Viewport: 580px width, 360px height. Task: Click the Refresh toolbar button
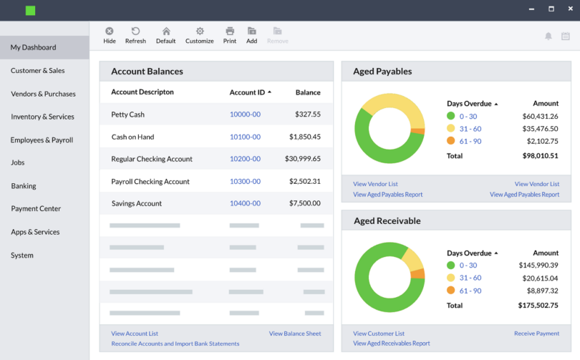[x=135, y=35]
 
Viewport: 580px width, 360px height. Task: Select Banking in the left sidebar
[x=24, y=186]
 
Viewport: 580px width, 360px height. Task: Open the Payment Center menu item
[x=36, y=209]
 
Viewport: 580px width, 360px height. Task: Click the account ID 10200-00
[x=245, y=159]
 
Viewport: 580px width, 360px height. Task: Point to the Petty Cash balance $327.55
[x=307, y=115]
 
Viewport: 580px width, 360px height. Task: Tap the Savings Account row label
[x=137, y=204]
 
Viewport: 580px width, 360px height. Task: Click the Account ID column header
[x=247, y=92]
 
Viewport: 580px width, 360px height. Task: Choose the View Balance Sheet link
[x=295, y=334]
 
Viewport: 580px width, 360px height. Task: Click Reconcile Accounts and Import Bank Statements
[x=175, y=344]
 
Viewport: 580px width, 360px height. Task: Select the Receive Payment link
[x=536, y=334]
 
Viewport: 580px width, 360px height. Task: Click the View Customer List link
[x=379, y=334]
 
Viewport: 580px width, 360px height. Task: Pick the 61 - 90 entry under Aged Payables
[x=470, y=142]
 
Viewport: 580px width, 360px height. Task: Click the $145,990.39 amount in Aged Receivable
[x=538, y=266]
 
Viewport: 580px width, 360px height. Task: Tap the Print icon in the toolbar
[x=230, y=35]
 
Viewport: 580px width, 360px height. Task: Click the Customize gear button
[x=200, y=35]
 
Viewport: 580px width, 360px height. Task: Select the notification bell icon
[x=548, y=36]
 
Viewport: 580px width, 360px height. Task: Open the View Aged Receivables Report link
[x=392, y=344]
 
